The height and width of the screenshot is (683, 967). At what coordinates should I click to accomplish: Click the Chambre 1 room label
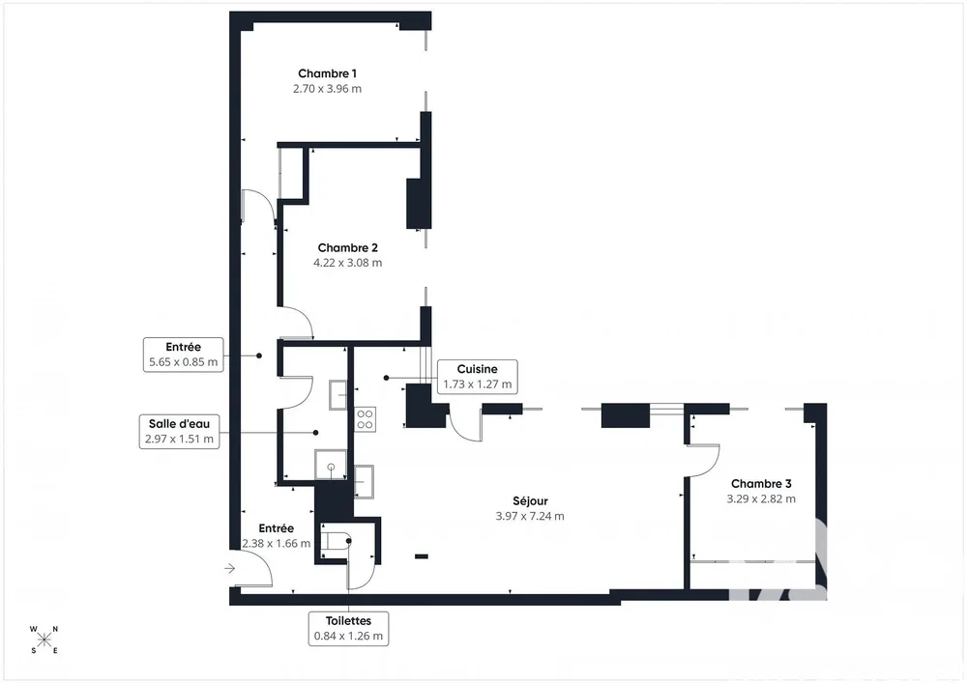click(x=327, y=74)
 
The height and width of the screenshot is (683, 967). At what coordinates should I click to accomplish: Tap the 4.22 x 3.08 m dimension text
click(x=348, y=263)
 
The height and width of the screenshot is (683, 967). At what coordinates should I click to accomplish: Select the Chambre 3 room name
click(x=761, y=484)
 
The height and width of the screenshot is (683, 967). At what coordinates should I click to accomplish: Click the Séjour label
click(x=530, y=501)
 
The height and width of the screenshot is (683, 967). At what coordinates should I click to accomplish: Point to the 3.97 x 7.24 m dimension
click(x=530, y=516)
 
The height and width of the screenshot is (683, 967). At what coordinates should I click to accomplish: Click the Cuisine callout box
click(x=478, y=377)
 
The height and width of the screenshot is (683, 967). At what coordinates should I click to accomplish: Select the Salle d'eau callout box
click(x=180, y=431)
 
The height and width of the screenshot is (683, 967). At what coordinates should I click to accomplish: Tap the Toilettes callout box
click(x=348, y=628)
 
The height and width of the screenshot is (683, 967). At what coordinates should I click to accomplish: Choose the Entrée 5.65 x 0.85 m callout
click(x=183, y=355)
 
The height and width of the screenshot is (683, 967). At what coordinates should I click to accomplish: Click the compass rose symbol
click(x=44, y=640)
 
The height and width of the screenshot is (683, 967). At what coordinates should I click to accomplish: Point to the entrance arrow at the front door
click(x=229, y=568)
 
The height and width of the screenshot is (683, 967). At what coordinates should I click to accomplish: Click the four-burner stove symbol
click(x=365, y=419)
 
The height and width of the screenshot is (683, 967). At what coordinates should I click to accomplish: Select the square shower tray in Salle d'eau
click(x=331, y=465)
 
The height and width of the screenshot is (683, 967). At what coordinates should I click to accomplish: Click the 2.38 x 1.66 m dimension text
click(x=277, y=544)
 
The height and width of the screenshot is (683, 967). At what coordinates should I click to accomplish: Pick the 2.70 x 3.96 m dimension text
click(x=327, y=89)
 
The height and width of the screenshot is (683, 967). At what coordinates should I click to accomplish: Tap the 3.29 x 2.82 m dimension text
click(x=761, y=498)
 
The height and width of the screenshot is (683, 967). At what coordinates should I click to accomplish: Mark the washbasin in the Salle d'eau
click(x=337, y=395)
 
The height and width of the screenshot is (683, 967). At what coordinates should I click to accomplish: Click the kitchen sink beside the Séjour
click(x=364, y=481)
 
